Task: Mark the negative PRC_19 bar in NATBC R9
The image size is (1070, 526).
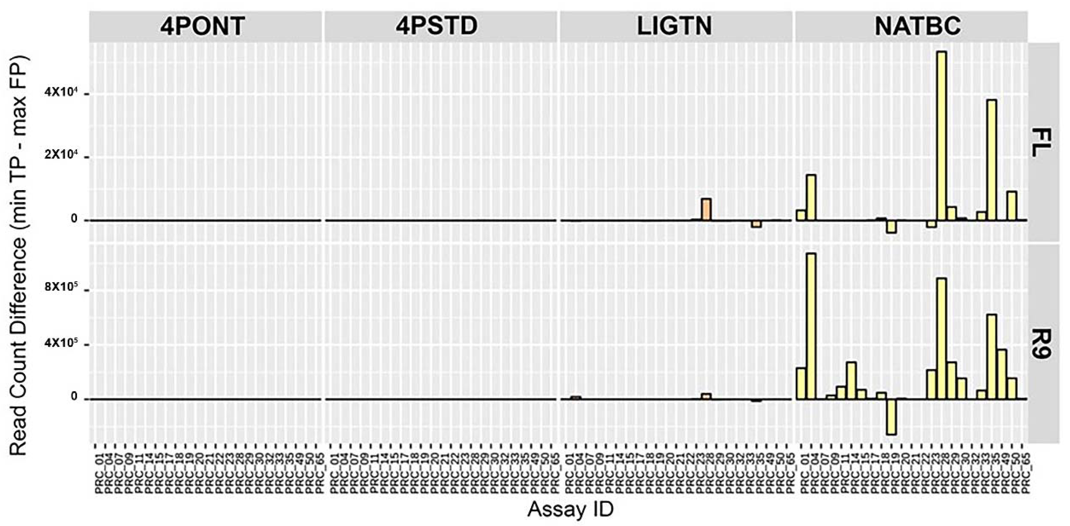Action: [x=891, y=417]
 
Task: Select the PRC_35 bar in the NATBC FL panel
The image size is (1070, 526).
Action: [x=992, y=160]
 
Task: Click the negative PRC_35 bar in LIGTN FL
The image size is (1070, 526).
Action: [x=756, y=224]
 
